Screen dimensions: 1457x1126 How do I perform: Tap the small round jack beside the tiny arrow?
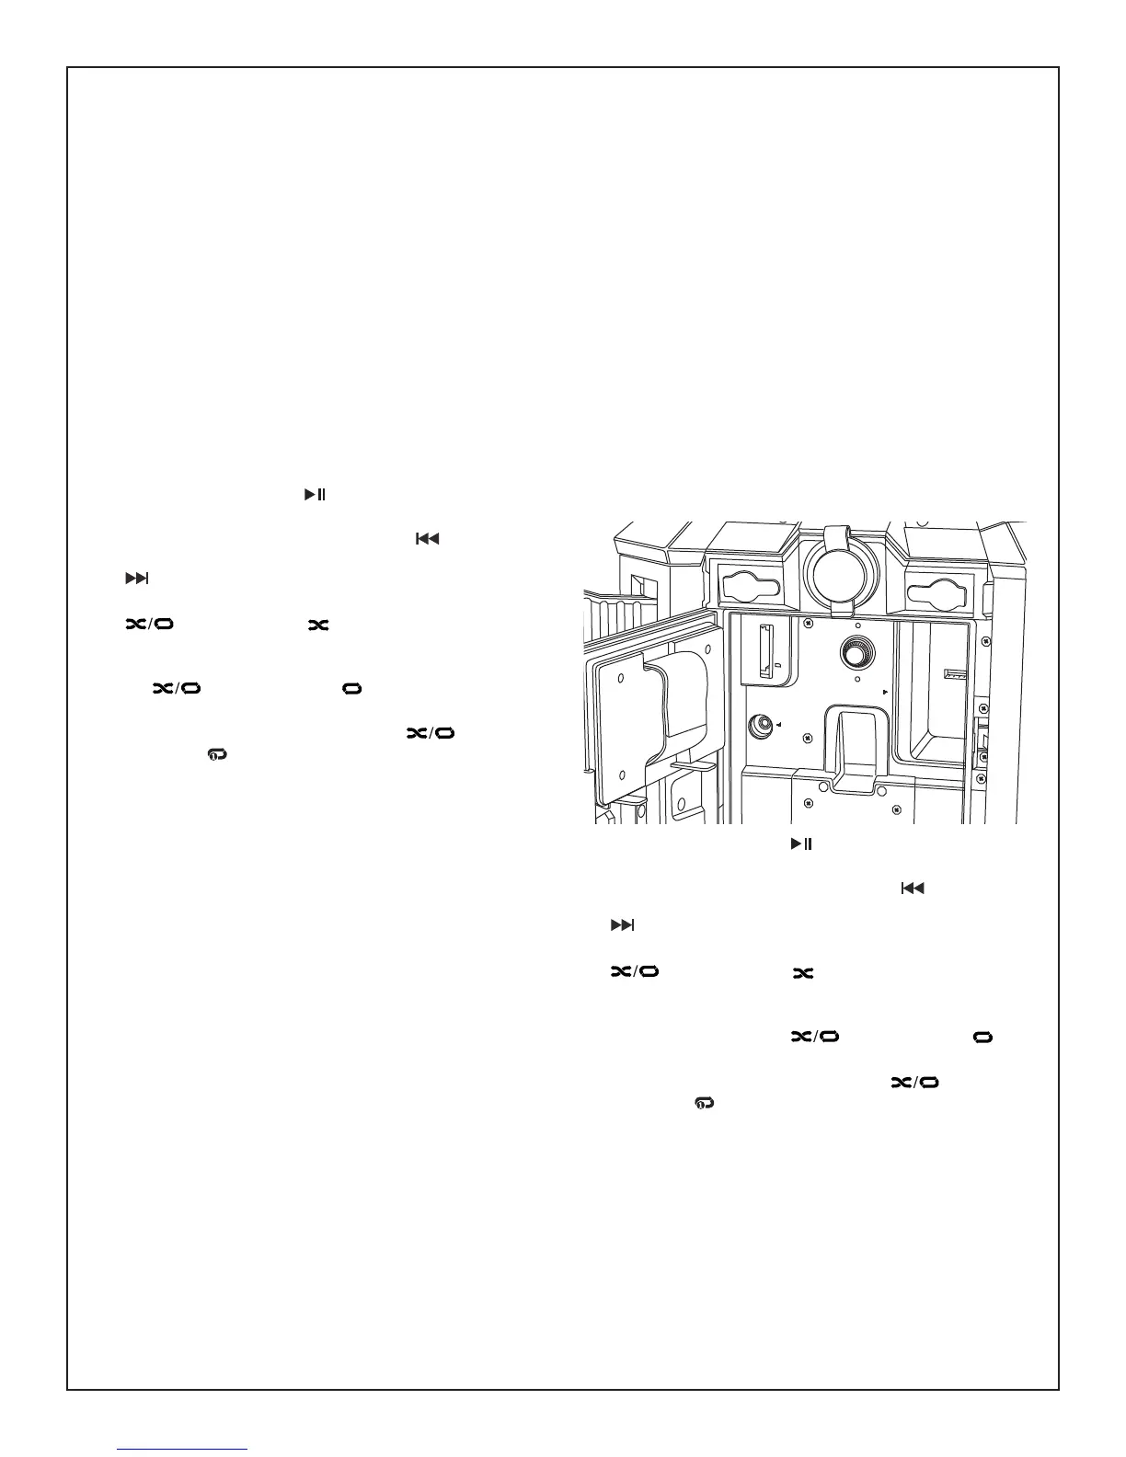[763, 726]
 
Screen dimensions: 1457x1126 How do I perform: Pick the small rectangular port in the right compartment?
[957, 674]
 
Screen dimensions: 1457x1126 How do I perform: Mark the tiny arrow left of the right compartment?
[885, 690]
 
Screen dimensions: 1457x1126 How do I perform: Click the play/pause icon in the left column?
[315, 495]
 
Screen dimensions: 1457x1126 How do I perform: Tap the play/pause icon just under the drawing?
[800, 843]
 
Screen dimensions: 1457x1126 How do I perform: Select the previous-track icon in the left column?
[427, 538]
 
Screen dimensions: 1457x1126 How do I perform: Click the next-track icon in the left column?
[136, 579]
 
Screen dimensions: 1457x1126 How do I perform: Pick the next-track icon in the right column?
[623, 925]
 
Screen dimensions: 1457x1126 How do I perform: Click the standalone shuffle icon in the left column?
[318, 625]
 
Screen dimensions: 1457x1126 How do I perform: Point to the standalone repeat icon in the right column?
[983, 1037]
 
